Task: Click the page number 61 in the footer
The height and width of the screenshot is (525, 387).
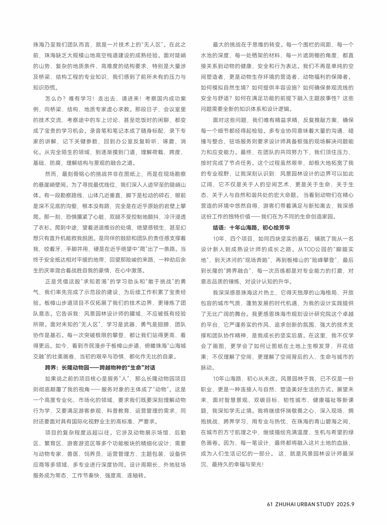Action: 270,504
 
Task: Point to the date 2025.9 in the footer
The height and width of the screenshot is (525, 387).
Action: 345,504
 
